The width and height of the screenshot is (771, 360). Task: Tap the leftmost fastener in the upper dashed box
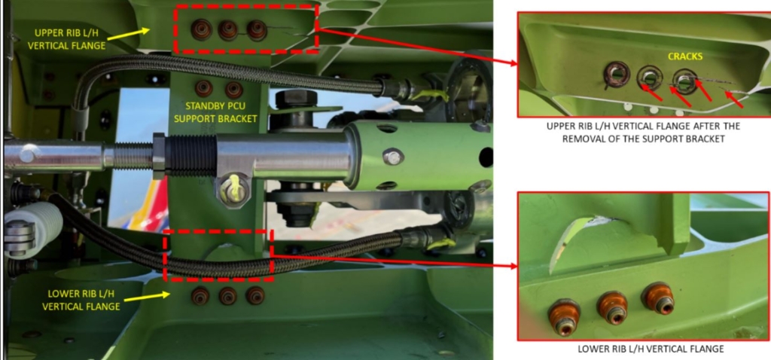coord(201,30)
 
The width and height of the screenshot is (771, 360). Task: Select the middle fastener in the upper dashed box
coord(228,30)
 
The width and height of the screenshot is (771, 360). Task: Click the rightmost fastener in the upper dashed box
coord(257,30)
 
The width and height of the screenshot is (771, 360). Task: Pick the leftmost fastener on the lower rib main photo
coord(200,296)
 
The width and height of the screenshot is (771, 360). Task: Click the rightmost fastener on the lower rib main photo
coord(255,295)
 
